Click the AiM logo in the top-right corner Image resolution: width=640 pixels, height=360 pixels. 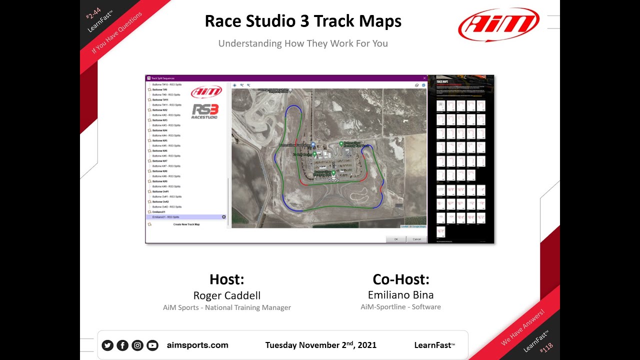pos(498,24)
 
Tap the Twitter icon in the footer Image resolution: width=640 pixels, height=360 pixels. pos(107,345)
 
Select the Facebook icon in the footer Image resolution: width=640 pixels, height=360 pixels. pos(122,345)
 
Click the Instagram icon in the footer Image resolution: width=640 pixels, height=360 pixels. pos(137,345)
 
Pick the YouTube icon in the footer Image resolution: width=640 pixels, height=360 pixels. pos(152,345)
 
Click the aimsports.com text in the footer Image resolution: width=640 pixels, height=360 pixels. pos(197,345)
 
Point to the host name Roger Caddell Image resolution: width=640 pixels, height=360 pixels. pos(227,295)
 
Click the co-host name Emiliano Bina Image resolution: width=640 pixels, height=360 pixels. pos(400,294)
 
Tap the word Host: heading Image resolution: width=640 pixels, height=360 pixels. pos(227,279)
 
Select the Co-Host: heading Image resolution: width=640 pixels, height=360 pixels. pos(400,279)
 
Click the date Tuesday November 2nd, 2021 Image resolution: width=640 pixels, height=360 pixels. pos(320,345)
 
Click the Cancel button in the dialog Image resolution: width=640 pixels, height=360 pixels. pos(416,239)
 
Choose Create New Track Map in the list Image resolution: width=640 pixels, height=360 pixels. pos(186,224)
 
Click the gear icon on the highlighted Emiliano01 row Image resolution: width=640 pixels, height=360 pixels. pos(223,217)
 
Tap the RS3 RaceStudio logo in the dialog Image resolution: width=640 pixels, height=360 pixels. pos(205,110)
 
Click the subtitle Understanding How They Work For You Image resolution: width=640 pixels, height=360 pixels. pos(303,43)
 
